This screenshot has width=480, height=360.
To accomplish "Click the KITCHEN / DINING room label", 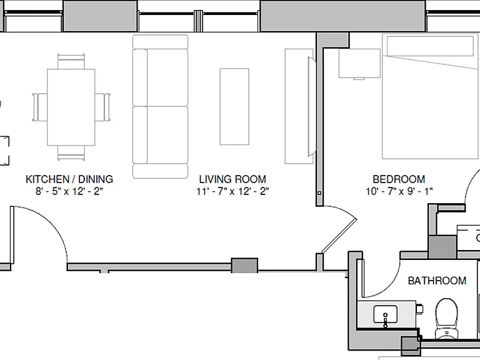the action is pos(69,179).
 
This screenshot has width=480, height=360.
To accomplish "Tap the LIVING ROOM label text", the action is pos(232,179).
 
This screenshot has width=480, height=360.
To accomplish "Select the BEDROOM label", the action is pos(399,179).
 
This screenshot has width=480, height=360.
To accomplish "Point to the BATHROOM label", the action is pos(437,281).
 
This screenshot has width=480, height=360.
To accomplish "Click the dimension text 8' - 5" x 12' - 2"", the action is pos(69,191).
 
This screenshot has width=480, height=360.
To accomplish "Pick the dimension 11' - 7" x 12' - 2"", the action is pos(232,191).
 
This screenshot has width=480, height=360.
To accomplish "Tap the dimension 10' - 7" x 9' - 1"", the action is pos(399,191).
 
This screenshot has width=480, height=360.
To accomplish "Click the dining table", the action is pos(71,107).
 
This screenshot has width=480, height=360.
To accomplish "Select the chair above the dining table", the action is pos(71,61).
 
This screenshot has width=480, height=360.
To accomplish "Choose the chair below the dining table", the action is pos(71,153).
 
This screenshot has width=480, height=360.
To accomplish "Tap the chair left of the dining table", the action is pos(40,107).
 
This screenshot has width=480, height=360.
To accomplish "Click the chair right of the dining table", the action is pos(102,107).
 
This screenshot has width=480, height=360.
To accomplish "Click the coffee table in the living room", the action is pos(234,106).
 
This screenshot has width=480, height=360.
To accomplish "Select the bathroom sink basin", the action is pos(386,314).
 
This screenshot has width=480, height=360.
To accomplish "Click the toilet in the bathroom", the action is pos(447,319).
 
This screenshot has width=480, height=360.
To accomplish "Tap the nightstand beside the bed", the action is pos(359,63).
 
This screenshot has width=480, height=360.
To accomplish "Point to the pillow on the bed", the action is pos(430,46).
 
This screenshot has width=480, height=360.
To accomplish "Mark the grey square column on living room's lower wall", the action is pos(244,266).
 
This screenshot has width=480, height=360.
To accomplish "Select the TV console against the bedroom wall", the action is pos(299,106).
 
